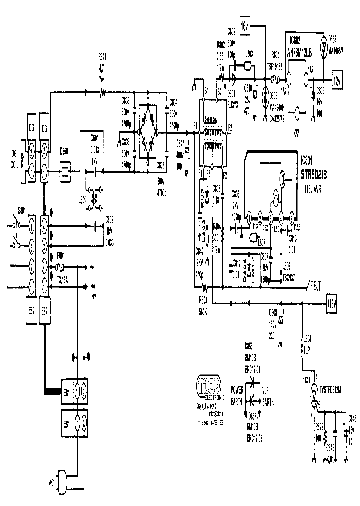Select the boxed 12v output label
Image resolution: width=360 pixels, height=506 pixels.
click(336, 80)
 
